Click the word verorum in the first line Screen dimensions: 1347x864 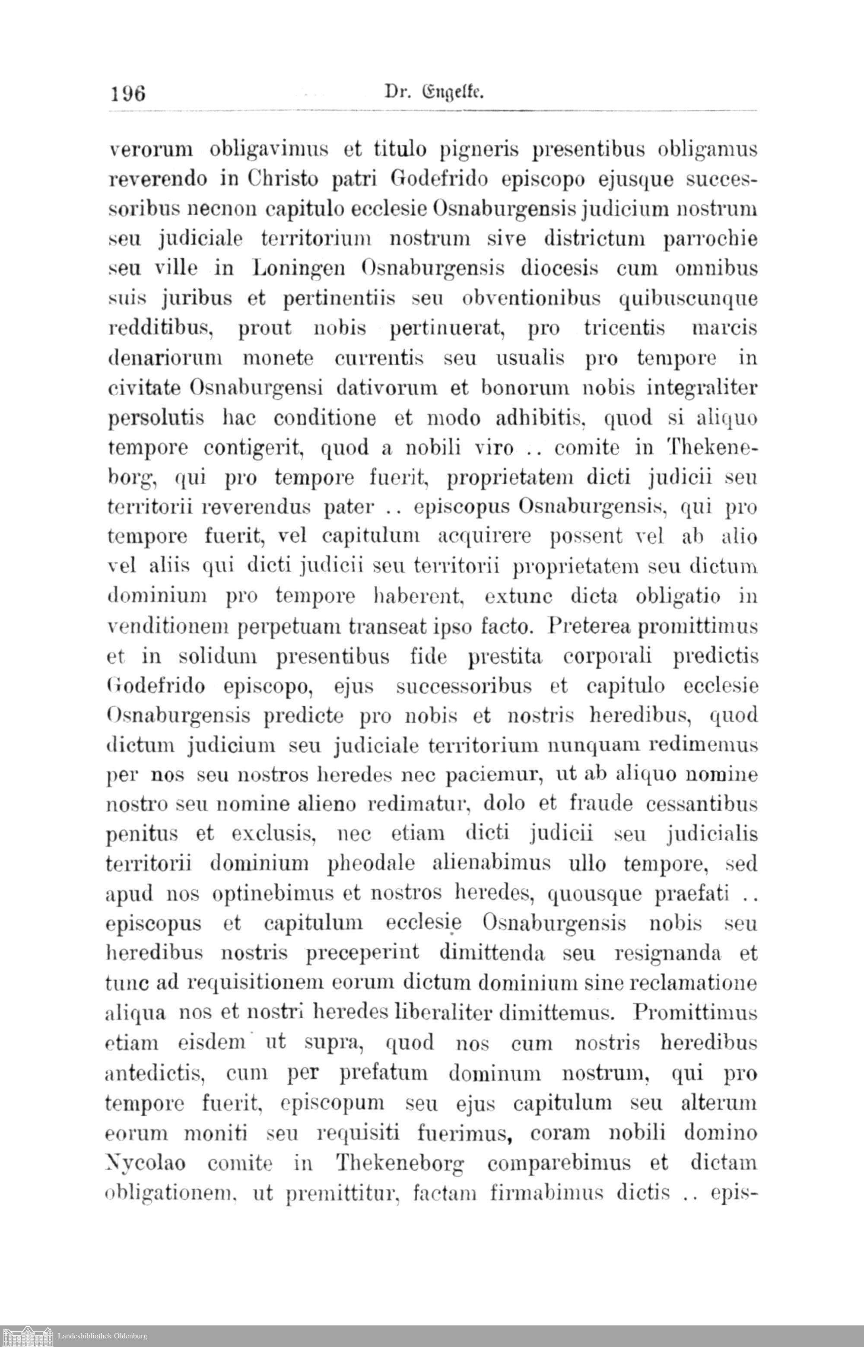150,150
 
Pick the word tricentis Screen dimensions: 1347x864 624,327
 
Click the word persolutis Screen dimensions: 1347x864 156,419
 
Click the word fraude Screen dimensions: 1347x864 601,804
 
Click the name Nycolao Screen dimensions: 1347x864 145,1163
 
